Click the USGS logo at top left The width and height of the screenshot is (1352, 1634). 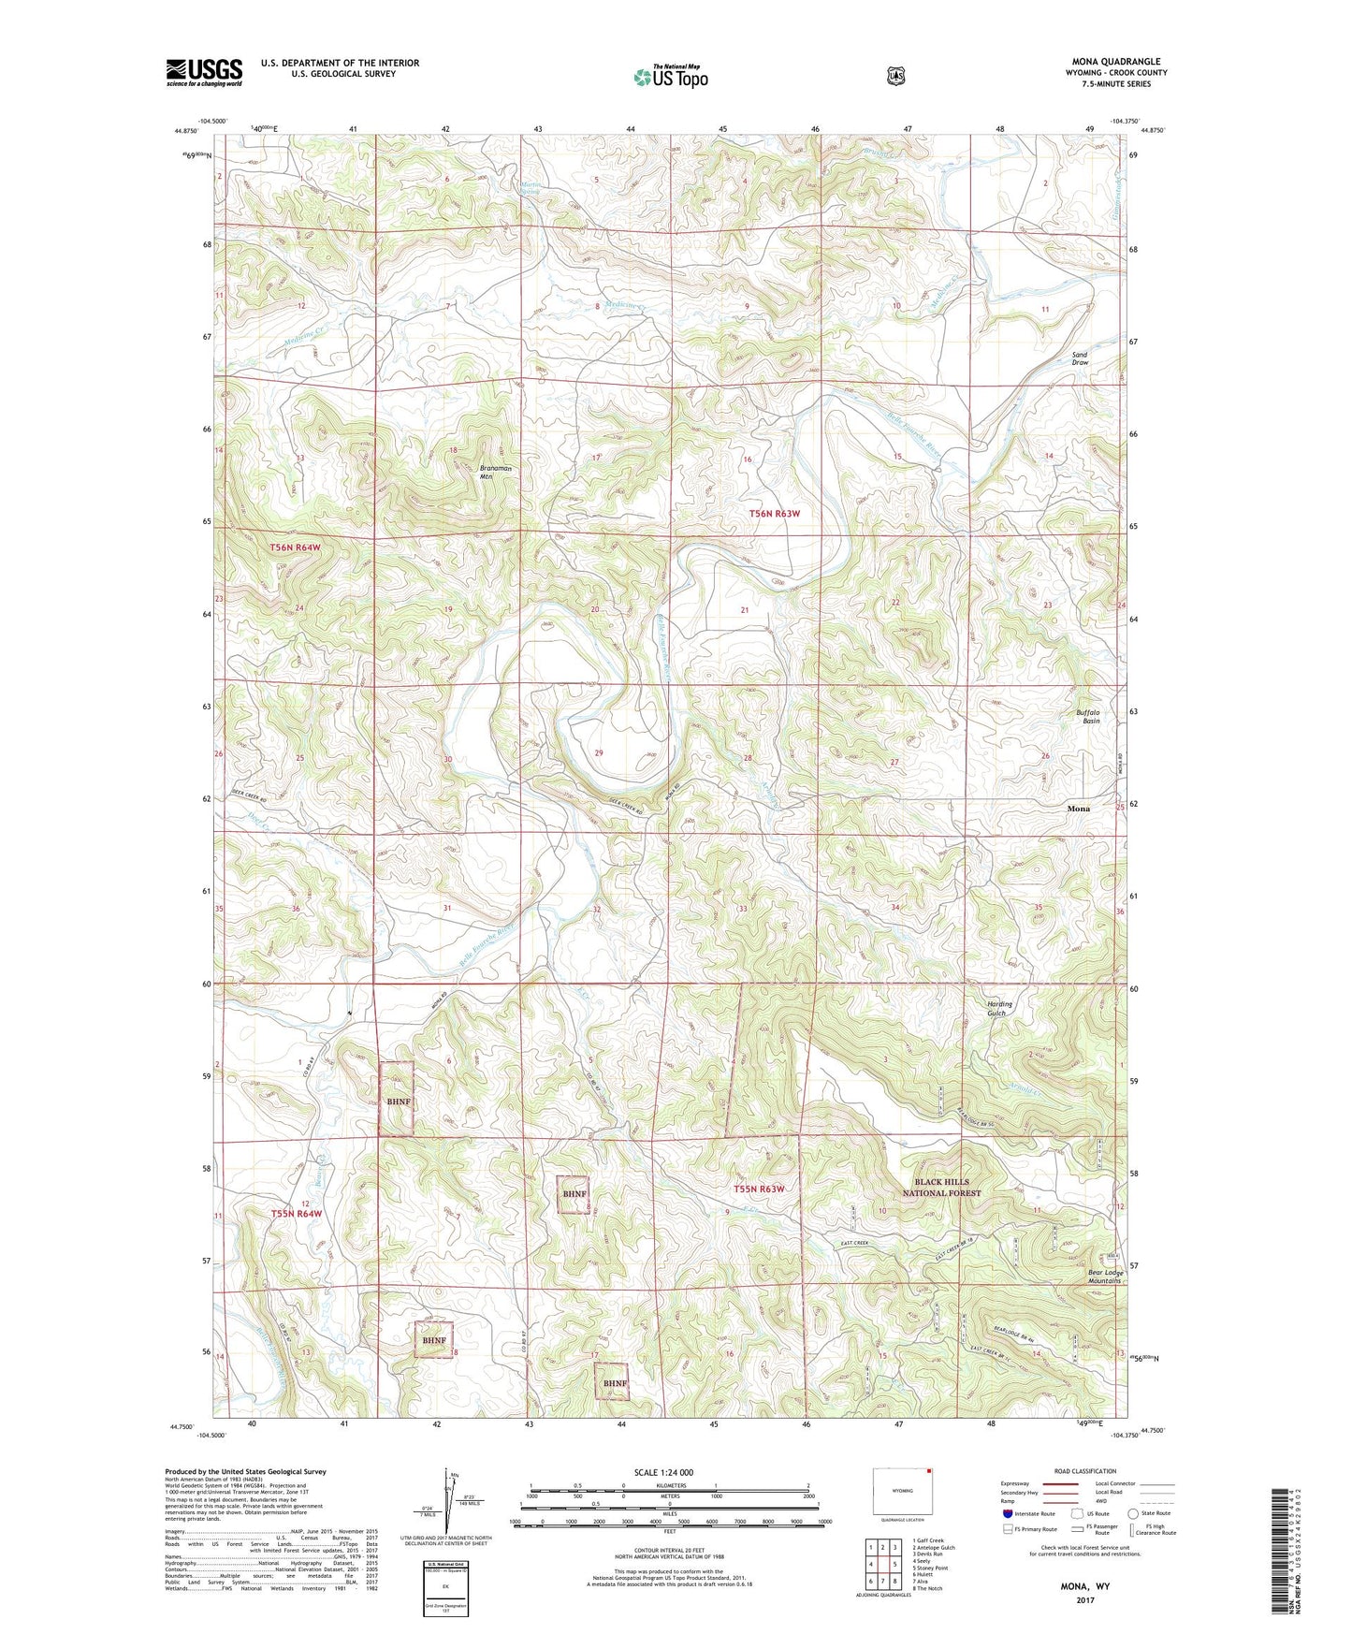(x=204, y=72)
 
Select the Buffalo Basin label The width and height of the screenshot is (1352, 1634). (x=1086, y=717)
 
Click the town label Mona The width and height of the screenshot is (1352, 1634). (x=1078, y=809)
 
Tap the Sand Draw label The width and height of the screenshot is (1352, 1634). (x=1080, y=359)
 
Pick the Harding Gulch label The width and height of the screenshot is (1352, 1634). (x=999, y=1008)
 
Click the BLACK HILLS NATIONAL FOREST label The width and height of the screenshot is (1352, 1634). (x=941, y=1188)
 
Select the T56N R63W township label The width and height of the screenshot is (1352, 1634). (x=775, y=514)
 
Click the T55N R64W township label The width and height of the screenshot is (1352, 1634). (x=296, y=1214)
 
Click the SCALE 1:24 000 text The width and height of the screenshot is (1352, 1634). (x=663, y=1472)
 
